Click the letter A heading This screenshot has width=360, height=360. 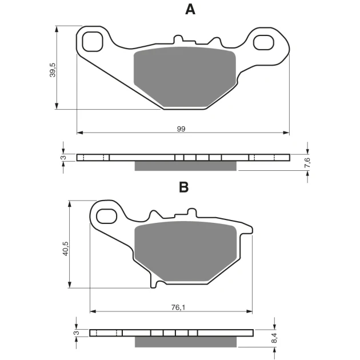click(190, 10)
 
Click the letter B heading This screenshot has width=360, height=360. click(183, 187)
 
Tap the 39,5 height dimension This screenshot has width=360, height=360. click(53, 70)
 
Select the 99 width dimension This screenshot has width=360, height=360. click(181, 129)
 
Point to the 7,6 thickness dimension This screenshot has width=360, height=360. click(307, 162)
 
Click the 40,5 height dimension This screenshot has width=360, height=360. click(66, 249)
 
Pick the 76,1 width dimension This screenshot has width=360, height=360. click(178, 307)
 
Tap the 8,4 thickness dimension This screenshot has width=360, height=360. click(274, 338)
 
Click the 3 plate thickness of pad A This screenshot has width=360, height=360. click(64, 158)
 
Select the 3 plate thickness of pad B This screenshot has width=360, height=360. click(77, 333)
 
